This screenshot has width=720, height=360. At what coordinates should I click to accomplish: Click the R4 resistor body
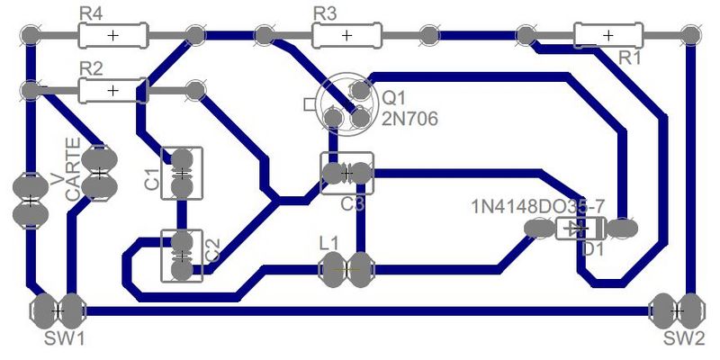click(112, 35)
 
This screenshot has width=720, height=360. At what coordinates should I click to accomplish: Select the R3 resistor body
click(346, 35)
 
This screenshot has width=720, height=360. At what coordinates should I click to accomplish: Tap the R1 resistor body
click(607, 35)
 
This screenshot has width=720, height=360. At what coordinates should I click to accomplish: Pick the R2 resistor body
click(112, 90)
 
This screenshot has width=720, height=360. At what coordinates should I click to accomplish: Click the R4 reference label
click(90, 14)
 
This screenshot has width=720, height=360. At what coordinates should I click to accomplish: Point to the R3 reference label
click(324, 14)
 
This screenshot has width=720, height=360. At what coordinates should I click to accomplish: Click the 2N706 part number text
click(410, 118)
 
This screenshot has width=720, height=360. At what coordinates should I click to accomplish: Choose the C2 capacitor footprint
click(182, 256)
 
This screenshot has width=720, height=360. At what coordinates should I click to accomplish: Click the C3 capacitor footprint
click(346, 172)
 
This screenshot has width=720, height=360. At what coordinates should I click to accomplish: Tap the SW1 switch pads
click(57, 310)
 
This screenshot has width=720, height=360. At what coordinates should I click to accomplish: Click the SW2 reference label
click(685, 339)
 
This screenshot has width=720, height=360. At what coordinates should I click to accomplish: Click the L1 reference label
click(329, 243)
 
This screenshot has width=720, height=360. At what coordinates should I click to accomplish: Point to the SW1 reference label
click(65, 339)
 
